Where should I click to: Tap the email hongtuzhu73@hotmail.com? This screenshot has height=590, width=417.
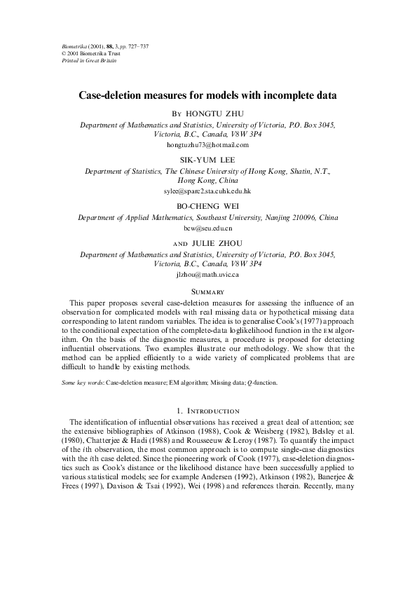[207, 144]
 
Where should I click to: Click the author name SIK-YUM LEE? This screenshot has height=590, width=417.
[207, 159]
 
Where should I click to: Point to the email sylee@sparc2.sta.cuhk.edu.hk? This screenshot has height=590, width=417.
[207, 191]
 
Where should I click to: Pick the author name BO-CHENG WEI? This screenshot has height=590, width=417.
[207, 206]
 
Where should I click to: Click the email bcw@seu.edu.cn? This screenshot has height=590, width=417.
[207, 228]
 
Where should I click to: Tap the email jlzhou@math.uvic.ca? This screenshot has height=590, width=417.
[207, 275]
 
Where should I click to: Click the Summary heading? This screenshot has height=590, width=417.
[207, 291]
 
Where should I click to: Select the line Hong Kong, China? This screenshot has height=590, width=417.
[207, 179]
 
